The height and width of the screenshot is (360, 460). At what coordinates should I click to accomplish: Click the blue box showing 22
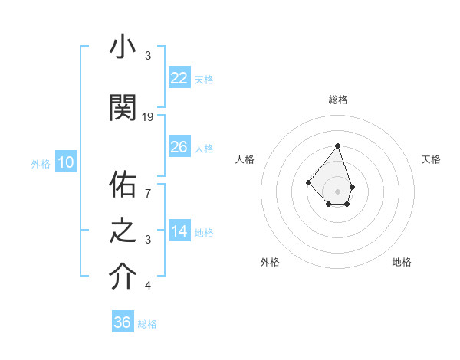point(179,78)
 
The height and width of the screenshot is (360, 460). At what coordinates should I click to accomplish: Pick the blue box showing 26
point(179,147)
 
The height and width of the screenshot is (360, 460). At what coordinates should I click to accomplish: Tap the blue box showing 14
point(179,232)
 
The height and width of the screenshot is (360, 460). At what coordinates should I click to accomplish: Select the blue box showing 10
point(65,162)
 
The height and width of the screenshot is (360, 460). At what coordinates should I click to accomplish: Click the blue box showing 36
point(123,322)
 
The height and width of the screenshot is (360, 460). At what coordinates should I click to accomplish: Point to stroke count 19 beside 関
point(148,117)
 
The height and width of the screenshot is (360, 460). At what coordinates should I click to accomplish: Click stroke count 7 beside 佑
point(148,193)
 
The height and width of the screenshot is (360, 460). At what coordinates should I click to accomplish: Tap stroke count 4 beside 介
point(148,286)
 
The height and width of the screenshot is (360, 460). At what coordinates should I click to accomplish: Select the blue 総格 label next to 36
point(147,324)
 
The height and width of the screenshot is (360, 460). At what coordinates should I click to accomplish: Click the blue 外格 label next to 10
point(41,163)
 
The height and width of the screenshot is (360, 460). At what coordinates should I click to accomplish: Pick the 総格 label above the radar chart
point(337,100)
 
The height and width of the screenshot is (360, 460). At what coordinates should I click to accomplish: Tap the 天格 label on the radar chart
point(431,159)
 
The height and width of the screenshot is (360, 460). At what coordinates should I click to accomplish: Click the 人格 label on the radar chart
point(245,159)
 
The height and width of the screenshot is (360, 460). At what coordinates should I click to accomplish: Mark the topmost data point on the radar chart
point(337,146)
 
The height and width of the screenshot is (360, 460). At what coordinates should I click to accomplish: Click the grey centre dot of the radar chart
point(337,191)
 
